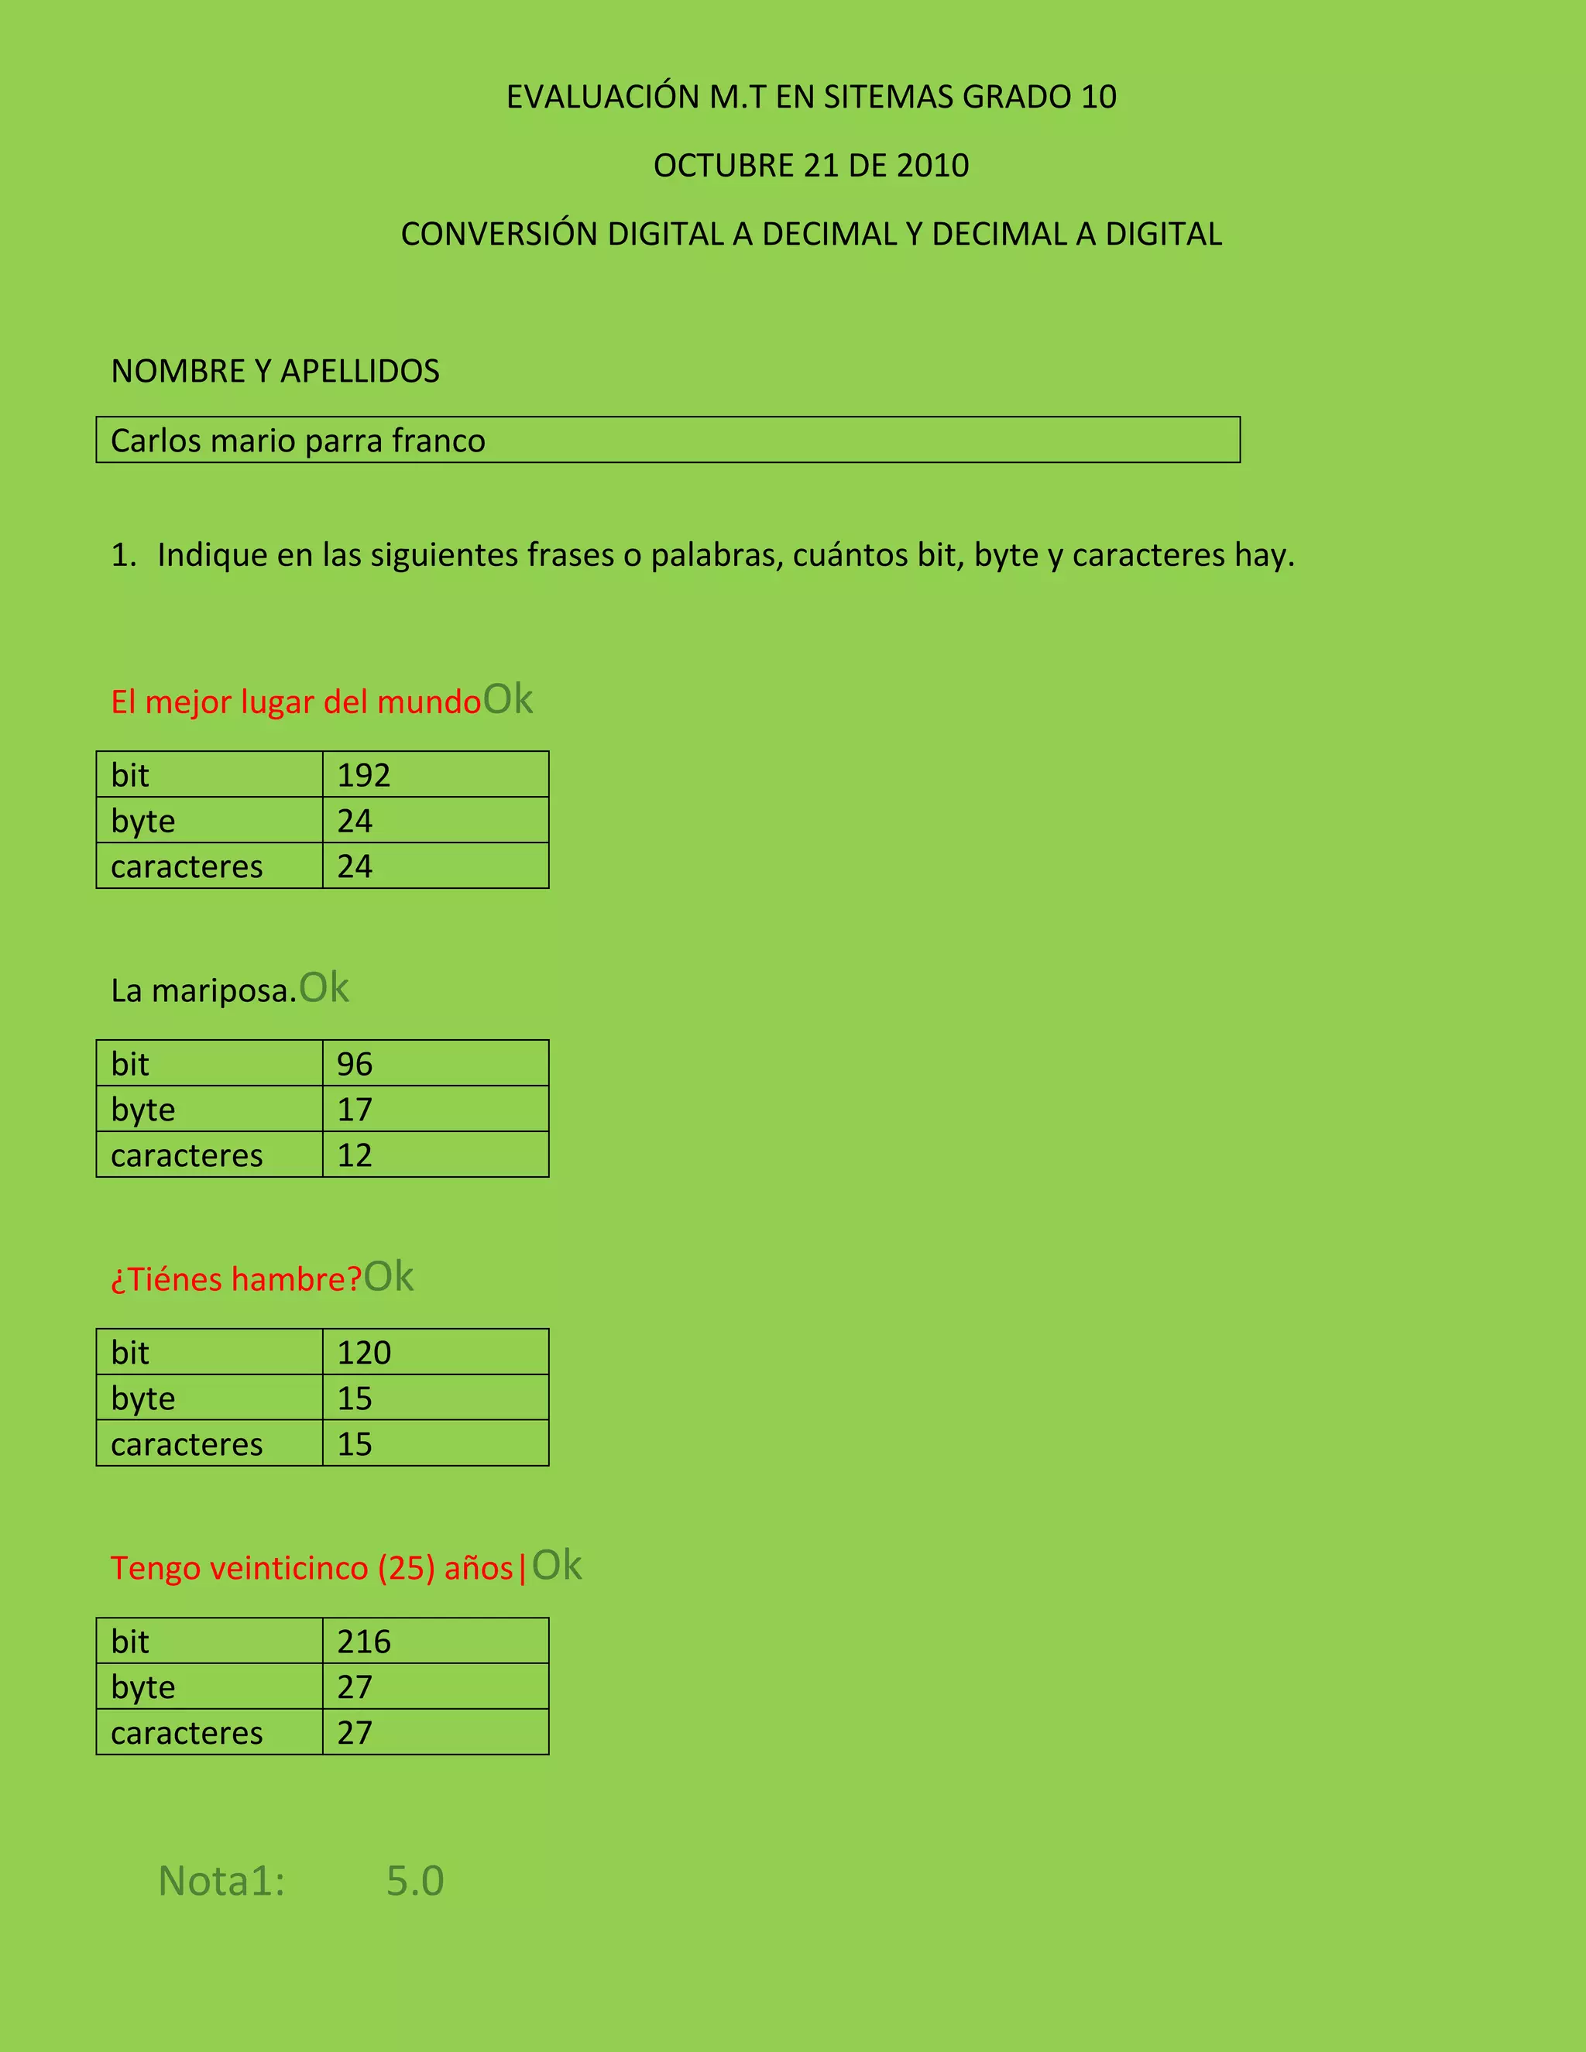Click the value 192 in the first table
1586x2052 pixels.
(x=364, y=775)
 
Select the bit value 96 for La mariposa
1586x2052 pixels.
(x=355, y=1064)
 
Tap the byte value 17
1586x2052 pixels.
(x=355, y=1110)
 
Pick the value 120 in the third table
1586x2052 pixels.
(x=364, y=1353)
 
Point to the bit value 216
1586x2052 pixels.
(x=364, y=1642)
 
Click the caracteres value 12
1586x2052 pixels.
(x=355, y=1155)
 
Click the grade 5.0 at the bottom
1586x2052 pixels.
(x=414, y=1881)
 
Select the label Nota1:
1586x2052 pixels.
(x=221, y=1881)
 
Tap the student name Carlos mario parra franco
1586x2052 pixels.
(x=298, y=441)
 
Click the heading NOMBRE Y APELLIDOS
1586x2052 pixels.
(x=275, y=371)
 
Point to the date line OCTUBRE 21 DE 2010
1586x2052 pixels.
(x=811, y=166)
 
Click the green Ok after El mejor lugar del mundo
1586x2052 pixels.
(x=507, y=699)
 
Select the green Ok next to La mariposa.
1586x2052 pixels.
(x=324, y=987)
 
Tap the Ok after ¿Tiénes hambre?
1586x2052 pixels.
(x=388, y=1277)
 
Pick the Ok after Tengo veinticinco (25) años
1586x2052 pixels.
(x=557, y=1565)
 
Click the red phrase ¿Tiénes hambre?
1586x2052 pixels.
(x=236, y=1280)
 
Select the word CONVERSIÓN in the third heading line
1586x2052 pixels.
(x=499, y=234)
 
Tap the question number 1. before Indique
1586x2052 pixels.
(x=123, y=555)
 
